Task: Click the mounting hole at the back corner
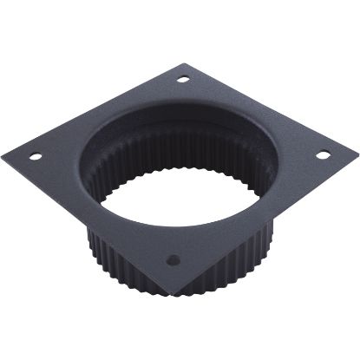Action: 183,80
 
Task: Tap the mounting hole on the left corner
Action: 36,158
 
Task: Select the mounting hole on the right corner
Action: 321,155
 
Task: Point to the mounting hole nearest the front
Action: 172,259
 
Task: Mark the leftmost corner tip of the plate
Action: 3,154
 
